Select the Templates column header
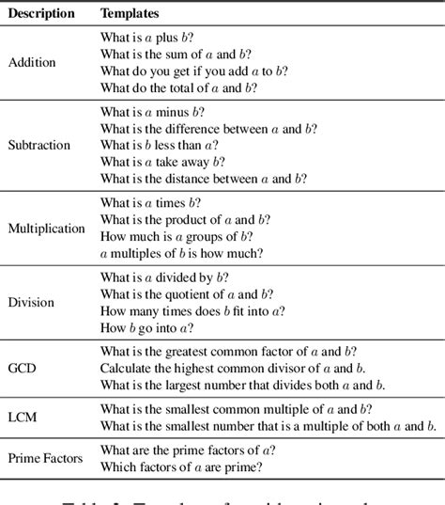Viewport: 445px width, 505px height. click(130, 15)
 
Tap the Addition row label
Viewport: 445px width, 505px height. click(32, 63)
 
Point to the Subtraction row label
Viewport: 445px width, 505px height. click(38, 146)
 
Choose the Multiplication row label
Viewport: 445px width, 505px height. click(46, 229)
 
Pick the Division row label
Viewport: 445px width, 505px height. click(32, 303)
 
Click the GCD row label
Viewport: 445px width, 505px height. click(23, 369)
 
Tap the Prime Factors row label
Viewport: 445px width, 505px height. click(44, 459)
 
